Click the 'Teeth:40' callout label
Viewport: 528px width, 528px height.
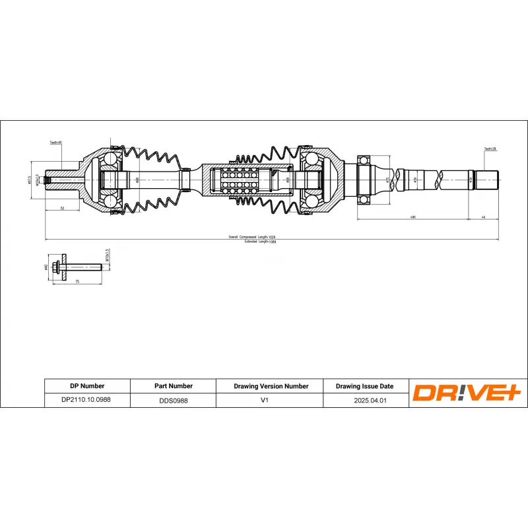(55, 143)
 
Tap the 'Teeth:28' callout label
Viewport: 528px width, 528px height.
(490, 149)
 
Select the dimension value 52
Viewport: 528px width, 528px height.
(61, 208)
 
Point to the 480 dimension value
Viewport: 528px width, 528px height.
(412, 216)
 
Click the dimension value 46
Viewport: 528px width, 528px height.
(483, 216)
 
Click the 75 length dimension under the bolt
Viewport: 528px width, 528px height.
(77, 282)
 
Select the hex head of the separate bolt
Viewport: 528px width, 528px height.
(57, 267)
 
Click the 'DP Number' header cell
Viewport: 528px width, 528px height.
(87, 386)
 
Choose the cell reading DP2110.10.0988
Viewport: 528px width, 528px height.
(87, 400)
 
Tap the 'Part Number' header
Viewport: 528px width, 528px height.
(174, 386)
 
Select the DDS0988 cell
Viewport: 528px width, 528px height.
(174, 400)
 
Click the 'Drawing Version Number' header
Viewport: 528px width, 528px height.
(271, 386)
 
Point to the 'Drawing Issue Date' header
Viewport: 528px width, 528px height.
(364, 386)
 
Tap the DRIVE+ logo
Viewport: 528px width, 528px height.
(467, 393)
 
